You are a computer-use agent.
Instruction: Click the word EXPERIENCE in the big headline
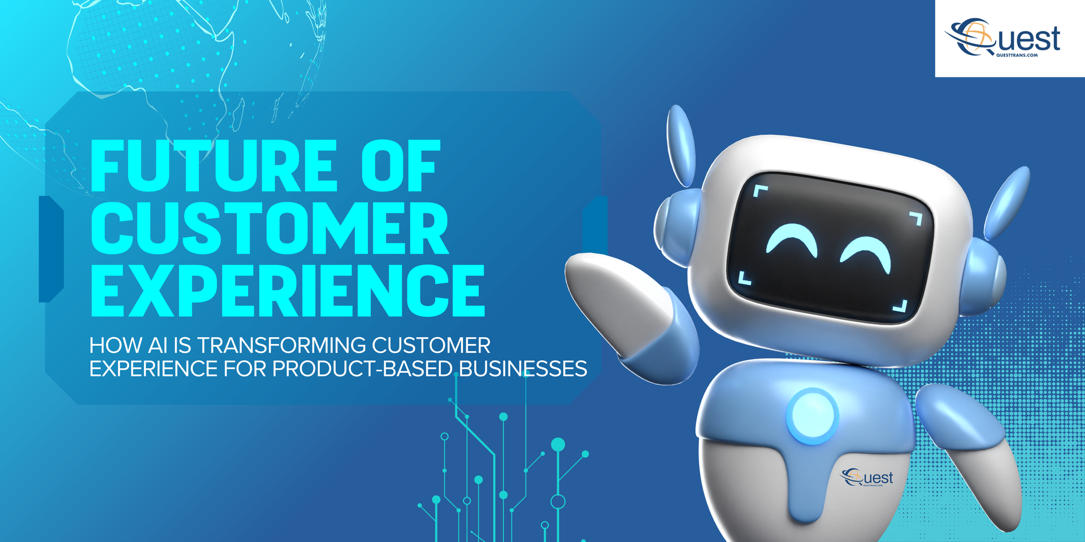coord(288,290)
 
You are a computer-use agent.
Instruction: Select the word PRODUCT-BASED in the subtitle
coord(362,369)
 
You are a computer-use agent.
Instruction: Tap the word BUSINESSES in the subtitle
coord(523,369)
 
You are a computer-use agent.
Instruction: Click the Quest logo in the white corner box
coord(1002,37)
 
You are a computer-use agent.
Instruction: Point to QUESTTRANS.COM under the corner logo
coord(1017,55)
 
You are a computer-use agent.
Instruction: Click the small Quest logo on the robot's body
coord(867,477)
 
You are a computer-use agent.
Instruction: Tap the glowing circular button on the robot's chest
coord(812,416)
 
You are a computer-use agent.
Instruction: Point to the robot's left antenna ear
coord(680,146)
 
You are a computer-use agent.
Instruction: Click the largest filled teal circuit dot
coord(558,444)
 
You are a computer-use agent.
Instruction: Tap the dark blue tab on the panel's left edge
coord(51,249)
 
